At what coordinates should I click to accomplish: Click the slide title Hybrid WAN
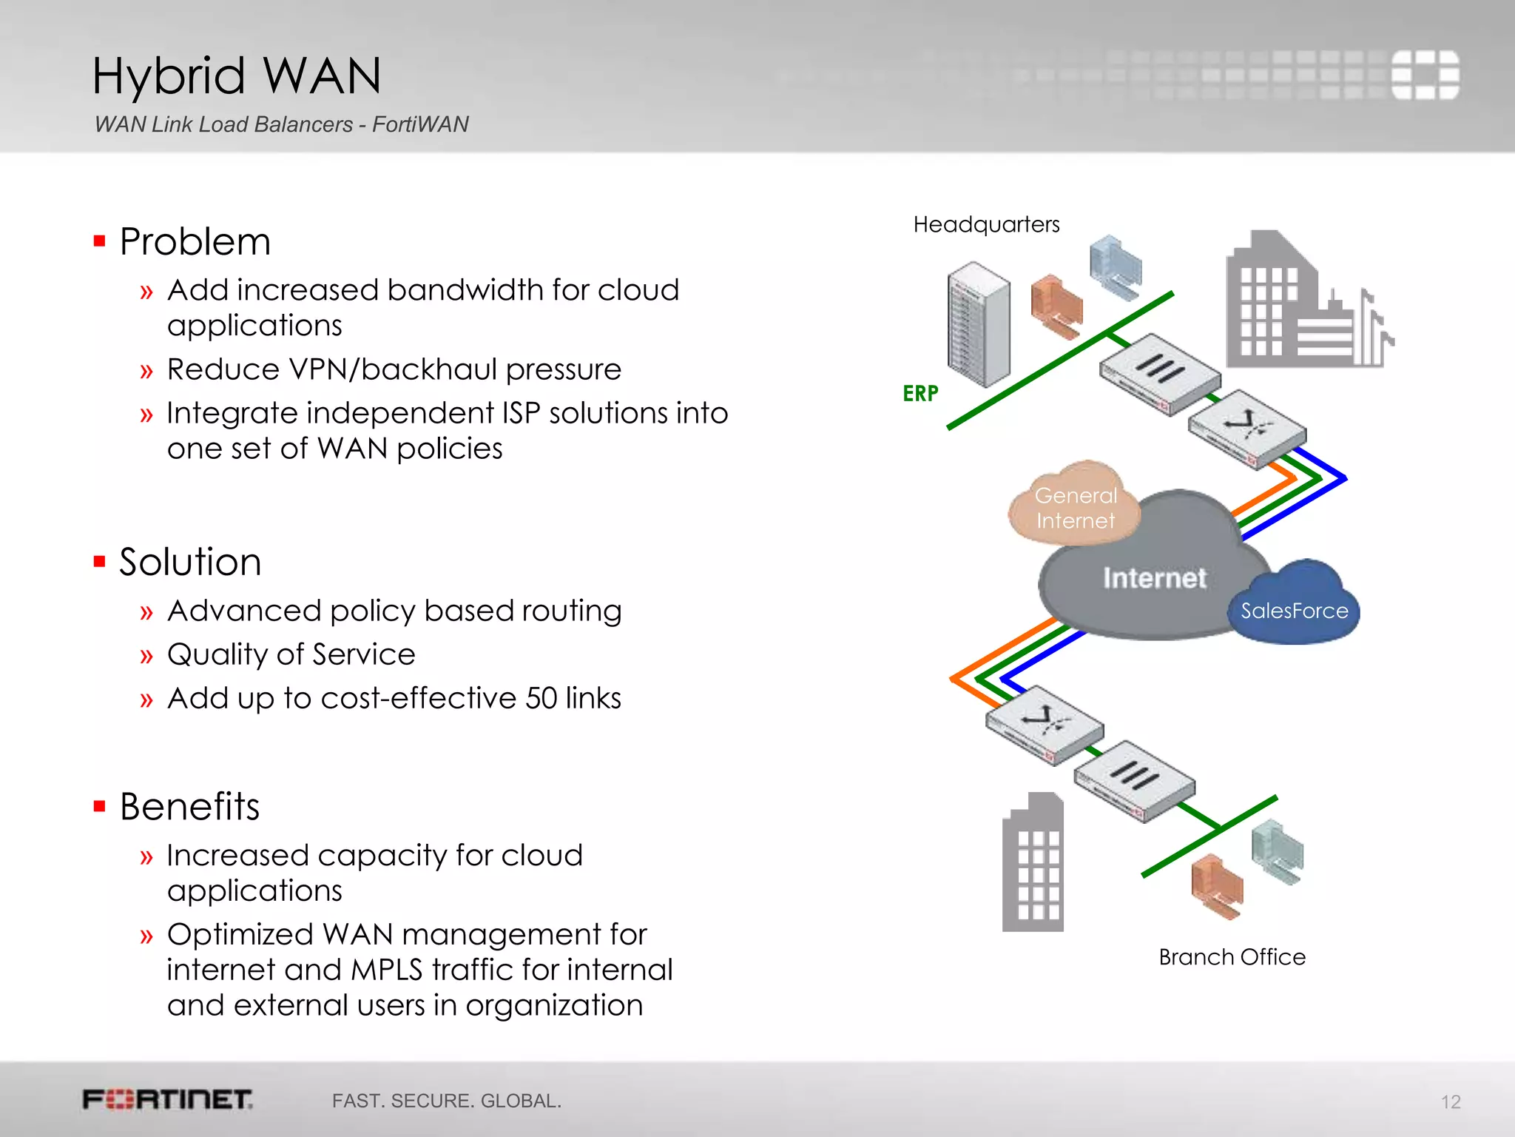237,76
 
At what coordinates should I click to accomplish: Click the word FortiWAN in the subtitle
420,124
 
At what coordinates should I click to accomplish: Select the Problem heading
195,242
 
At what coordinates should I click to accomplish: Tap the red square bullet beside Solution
100,562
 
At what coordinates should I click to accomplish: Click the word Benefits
190,806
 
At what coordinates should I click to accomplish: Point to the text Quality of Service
291,654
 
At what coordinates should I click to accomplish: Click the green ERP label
920,393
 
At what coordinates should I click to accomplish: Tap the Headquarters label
986,224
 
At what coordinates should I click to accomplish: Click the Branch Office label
1232,957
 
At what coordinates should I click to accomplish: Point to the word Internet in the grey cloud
1154,578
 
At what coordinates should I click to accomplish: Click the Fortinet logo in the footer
168,1099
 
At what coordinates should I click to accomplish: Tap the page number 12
1450,1102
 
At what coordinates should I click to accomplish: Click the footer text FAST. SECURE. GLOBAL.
446,1101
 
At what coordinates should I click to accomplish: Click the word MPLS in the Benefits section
387,970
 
